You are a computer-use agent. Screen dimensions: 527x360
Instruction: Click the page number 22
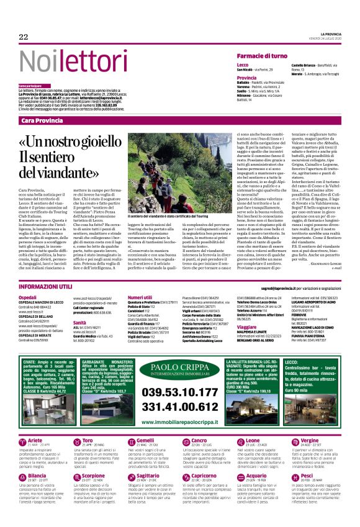coord(24,37)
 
